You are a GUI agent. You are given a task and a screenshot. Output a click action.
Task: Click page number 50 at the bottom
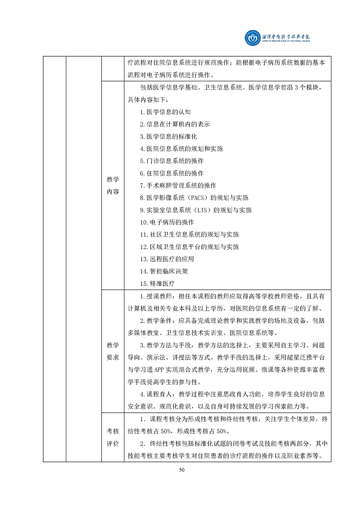[182, 470]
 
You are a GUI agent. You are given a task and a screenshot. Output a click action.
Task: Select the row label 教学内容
[113, 185]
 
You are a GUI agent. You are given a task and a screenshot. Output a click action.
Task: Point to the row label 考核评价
[113, 437]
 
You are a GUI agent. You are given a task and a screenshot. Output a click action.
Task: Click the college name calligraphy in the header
[287, 37]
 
